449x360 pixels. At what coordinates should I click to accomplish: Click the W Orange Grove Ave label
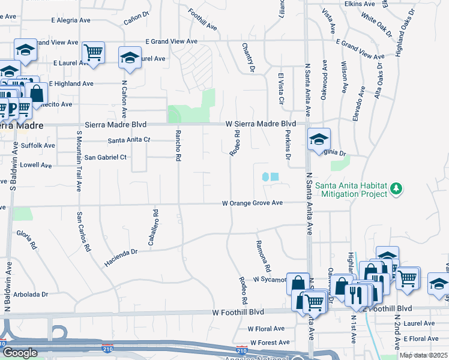click(x=252, y=203)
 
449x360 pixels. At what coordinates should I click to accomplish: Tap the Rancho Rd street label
click(x=178, y=146)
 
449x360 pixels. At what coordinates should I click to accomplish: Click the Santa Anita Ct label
click(x=128, y=140)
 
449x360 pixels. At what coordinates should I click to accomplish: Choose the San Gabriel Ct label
click(x=106, y=157)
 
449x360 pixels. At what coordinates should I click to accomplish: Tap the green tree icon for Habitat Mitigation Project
click(x=396, y=189)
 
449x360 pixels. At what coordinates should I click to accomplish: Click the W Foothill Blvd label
click(x=238, y=313)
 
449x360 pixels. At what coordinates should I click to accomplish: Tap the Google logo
click(x=19, y=353)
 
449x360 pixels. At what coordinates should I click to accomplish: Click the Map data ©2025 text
click(x=423, y=355)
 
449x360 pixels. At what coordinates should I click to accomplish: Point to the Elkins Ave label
click(x=360, y=4)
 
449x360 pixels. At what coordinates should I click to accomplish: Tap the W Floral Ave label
click(x=267, y=329)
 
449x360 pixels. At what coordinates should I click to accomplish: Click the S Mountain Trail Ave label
click(x=79, y=160)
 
